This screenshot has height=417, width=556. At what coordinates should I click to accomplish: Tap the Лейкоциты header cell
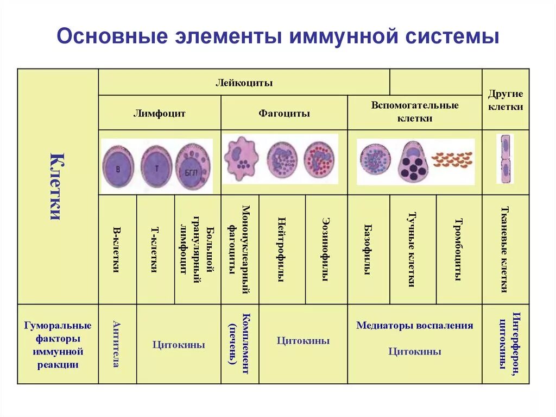click(x=244, y=83)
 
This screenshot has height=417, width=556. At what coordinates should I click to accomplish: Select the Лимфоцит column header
click(x=160, y=114)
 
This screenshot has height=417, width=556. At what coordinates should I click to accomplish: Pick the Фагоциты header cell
click(x=284, y=114)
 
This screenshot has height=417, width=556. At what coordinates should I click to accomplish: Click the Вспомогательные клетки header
click(x=415, y=111)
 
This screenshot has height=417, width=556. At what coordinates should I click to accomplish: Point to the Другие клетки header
click(x=506, y=100)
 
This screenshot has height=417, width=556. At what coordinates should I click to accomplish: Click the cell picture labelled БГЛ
click(x=193, y=166)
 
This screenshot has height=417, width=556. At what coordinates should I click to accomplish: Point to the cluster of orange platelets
click(x=452, y=159)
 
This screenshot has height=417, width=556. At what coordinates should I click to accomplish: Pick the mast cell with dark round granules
click(x=414, y=162)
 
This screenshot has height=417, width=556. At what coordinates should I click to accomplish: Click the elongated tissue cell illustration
click(x=505, y=159)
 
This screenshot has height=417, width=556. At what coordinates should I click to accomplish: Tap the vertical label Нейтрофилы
click(x=282, y=250)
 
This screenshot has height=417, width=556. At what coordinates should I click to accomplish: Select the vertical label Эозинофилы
click(x=326, y=250)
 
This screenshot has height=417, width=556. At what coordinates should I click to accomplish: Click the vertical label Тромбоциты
click(x=459, y=250)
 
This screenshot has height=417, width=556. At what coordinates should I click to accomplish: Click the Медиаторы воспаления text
click(x=415, y=326)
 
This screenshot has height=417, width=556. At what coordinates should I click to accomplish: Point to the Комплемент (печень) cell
click(x=239, y=344)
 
